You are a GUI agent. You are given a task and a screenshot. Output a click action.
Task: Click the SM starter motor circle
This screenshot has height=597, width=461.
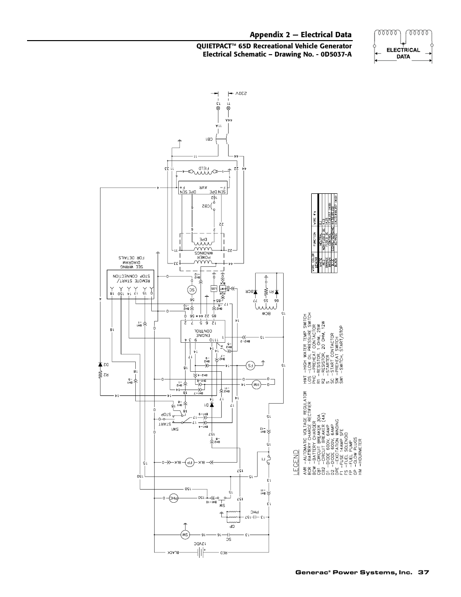click(x=184, y=535)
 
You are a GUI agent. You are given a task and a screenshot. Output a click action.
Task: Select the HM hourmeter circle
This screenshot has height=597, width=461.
click(x=256, y=385)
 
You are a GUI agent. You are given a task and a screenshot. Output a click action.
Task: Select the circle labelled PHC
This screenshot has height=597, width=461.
click(x=173, y=497)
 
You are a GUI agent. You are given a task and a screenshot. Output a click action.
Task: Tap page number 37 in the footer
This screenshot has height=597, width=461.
click(x=424, y=572)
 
